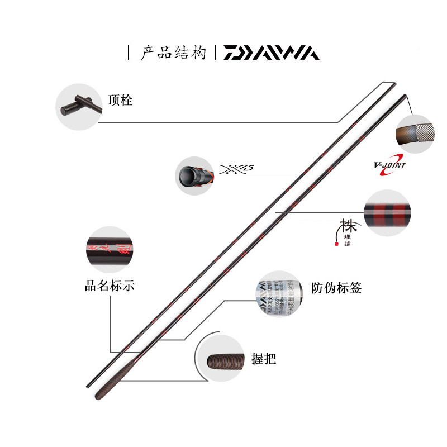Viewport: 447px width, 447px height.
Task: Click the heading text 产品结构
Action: (173, 53)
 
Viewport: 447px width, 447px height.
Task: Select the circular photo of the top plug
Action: (78, 106)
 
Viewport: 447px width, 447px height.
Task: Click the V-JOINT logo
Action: (390, 165)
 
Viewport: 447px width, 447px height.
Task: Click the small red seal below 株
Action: (336, 244)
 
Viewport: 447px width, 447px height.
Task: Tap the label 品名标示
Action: (110, 287)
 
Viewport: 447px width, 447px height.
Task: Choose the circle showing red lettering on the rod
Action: (109, 249)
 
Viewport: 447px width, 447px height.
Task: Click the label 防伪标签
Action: (336, 288)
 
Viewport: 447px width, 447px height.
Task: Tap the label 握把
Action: (264, 359)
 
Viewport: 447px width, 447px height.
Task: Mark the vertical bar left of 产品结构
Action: (129, 53)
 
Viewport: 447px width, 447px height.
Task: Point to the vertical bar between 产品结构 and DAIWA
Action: (216, 53)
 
